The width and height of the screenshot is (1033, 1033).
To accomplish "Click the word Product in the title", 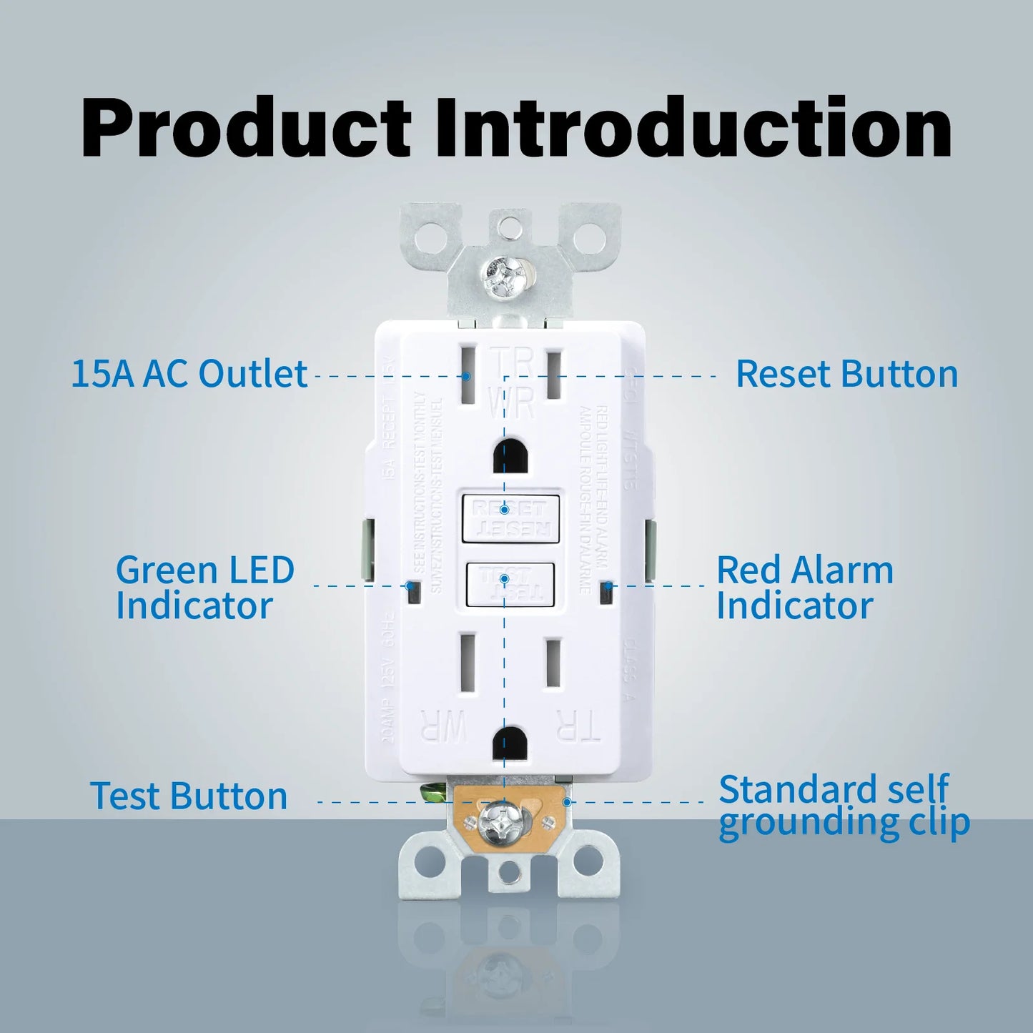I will click(x=246, y=129).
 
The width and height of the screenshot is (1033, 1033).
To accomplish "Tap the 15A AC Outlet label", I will click(x=189, y=374).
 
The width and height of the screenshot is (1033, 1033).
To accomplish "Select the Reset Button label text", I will click(x=846, y=374).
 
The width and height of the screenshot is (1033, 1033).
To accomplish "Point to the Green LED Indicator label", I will click(x=204, y=588).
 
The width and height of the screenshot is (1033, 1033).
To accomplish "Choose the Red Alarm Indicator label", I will click(x=805, y=588).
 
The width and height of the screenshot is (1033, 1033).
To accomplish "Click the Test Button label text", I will click(x=189, y=796).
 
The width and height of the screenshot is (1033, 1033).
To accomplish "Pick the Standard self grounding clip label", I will click(x=844, y=806).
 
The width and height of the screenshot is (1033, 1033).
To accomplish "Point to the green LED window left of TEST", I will click(x=412, y=590).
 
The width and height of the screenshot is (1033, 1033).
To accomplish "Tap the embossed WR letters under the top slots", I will click(x=512, y=403).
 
